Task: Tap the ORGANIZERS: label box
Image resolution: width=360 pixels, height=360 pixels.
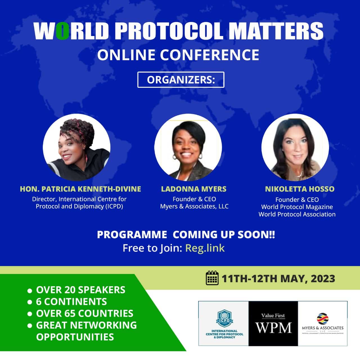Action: pyautogui.click(x=181, y=80)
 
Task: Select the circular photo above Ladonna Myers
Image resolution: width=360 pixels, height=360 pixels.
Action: pyautogui.click(x=188, y=147)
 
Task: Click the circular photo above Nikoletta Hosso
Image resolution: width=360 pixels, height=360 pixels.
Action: pyautogui.click(x=295, y=147)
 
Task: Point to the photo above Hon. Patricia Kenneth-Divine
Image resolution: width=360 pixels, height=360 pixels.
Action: pyautogui.click(x=76, y=147)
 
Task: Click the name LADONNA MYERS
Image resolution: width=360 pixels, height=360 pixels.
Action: pyautogui.click(x=193, y=189)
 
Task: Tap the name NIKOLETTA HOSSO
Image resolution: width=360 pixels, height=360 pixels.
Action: pyautogui.click(x=300, y=189)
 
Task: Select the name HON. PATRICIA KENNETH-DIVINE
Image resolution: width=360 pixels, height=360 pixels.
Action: pyautogui.click(x=80, y=189)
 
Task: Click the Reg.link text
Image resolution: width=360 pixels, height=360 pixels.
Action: pyautogui.click(x=205, y=248)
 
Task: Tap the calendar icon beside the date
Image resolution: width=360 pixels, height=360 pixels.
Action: pyautogui.click(x=212, y=278)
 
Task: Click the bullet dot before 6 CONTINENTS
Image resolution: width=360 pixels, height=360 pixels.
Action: pyautogui.click(x=30, y=302)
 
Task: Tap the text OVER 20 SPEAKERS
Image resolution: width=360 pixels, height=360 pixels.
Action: pyautogui.click(x=80, y=290)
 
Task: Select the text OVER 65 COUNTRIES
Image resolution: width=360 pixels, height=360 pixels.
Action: pyautogui.click(x=84, y=314)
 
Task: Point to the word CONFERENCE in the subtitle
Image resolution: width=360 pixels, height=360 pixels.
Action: pyautogui.click(x=210, y=55)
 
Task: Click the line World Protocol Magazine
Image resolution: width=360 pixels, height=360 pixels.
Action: pyautogui.click(x=297, y=207)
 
